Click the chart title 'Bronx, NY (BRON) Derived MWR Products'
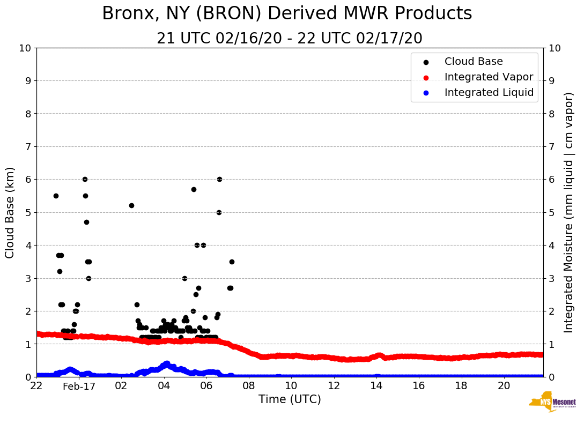(287, 14)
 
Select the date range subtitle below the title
(290, 39)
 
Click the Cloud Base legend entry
(474, 62)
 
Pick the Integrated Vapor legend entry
(489, 77)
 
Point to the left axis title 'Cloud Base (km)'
(10, 212)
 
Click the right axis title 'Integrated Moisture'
(568, 212)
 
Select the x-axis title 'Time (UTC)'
(290, 399)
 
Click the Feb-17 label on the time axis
(79, 386)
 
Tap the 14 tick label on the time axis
(376, 386)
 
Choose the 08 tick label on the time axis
(249, 386)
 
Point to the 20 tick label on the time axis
(504, 386)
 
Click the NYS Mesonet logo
(552, 402)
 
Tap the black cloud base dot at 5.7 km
(194, 189)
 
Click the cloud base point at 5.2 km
(131, 205)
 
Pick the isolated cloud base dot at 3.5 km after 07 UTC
(232, 262)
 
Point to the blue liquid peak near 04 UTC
(166, 364)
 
